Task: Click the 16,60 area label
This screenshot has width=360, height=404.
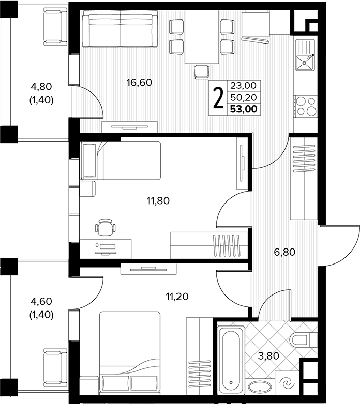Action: pyautogui.click(x=139, y=83)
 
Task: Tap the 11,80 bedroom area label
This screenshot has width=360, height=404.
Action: pyautogui.click(x=158, y=201)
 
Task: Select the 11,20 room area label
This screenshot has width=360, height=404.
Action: pyautogui.click(x=177, y=297)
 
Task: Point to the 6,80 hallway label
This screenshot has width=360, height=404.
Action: pyautogui.click(x=284, y=252)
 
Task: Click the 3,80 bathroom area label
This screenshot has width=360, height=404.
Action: pyautogui.click(x=268, y=356)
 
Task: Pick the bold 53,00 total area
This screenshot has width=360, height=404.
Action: pyautogui.click(x=244, y=109)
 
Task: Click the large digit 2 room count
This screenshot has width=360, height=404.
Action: pyautogui.click(x=218, y=99)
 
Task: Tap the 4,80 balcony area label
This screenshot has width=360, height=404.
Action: pyautogui.click(x=41, y=87)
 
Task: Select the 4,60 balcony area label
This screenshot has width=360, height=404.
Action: pyautogui.click(x=41, y=301)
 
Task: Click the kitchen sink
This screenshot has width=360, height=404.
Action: pyautogui.click(x=305, y=55)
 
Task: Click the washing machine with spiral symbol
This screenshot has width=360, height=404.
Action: pyautogui.click(x=287, y=383)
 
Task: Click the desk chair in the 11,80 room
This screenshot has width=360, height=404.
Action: pyautogui.click(x=105, y=227)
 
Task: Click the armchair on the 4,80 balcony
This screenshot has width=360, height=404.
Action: pyautogui.click(x=55, y=26)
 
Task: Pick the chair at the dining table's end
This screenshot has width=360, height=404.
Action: pyautogui.click(x=202, y=72)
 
